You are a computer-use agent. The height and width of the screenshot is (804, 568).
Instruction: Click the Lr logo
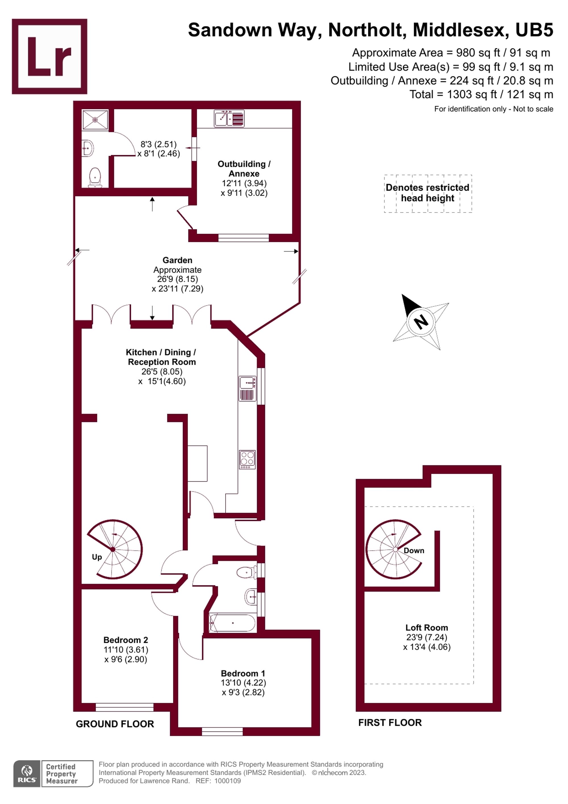49,56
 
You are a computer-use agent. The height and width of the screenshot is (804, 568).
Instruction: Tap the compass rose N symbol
421,322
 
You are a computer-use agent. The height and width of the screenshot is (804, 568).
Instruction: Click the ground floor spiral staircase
115,549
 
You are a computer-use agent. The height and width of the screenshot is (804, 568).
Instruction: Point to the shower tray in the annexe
95,119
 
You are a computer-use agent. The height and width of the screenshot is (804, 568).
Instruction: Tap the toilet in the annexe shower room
95,177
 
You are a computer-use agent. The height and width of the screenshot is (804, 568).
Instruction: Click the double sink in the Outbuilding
229,118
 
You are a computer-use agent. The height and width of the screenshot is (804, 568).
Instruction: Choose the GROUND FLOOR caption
115,724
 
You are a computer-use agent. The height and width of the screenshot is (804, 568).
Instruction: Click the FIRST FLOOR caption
390,722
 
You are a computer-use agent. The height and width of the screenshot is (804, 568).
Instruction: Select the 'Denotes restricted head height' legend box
428,193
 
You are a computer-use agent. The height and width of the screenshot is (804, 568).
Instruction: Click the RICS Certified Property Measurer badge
53,774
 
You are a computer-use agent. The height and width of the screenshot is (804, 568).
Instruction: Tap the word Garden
177,260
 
